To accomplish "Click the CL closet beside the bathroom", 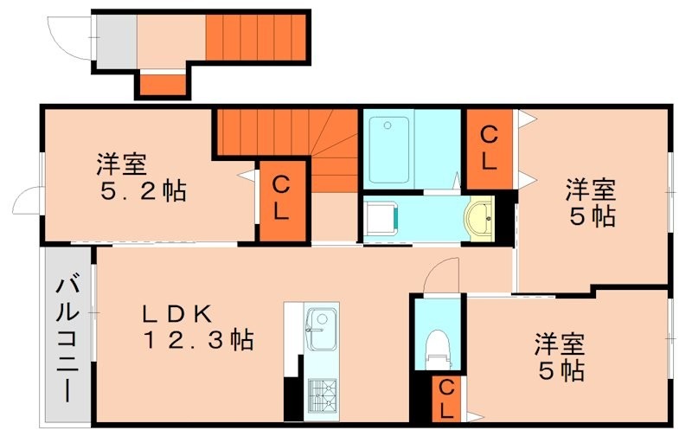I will tap(490, 148).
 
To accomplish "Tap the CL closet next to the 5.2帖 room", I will tap(281, 197).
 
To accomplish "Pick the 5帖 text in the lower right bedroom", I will tap(558, 370).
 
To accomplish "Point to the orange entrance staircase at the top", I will tap(257, 37).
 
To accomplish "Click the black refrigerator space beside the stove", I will tap(292, 399).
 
